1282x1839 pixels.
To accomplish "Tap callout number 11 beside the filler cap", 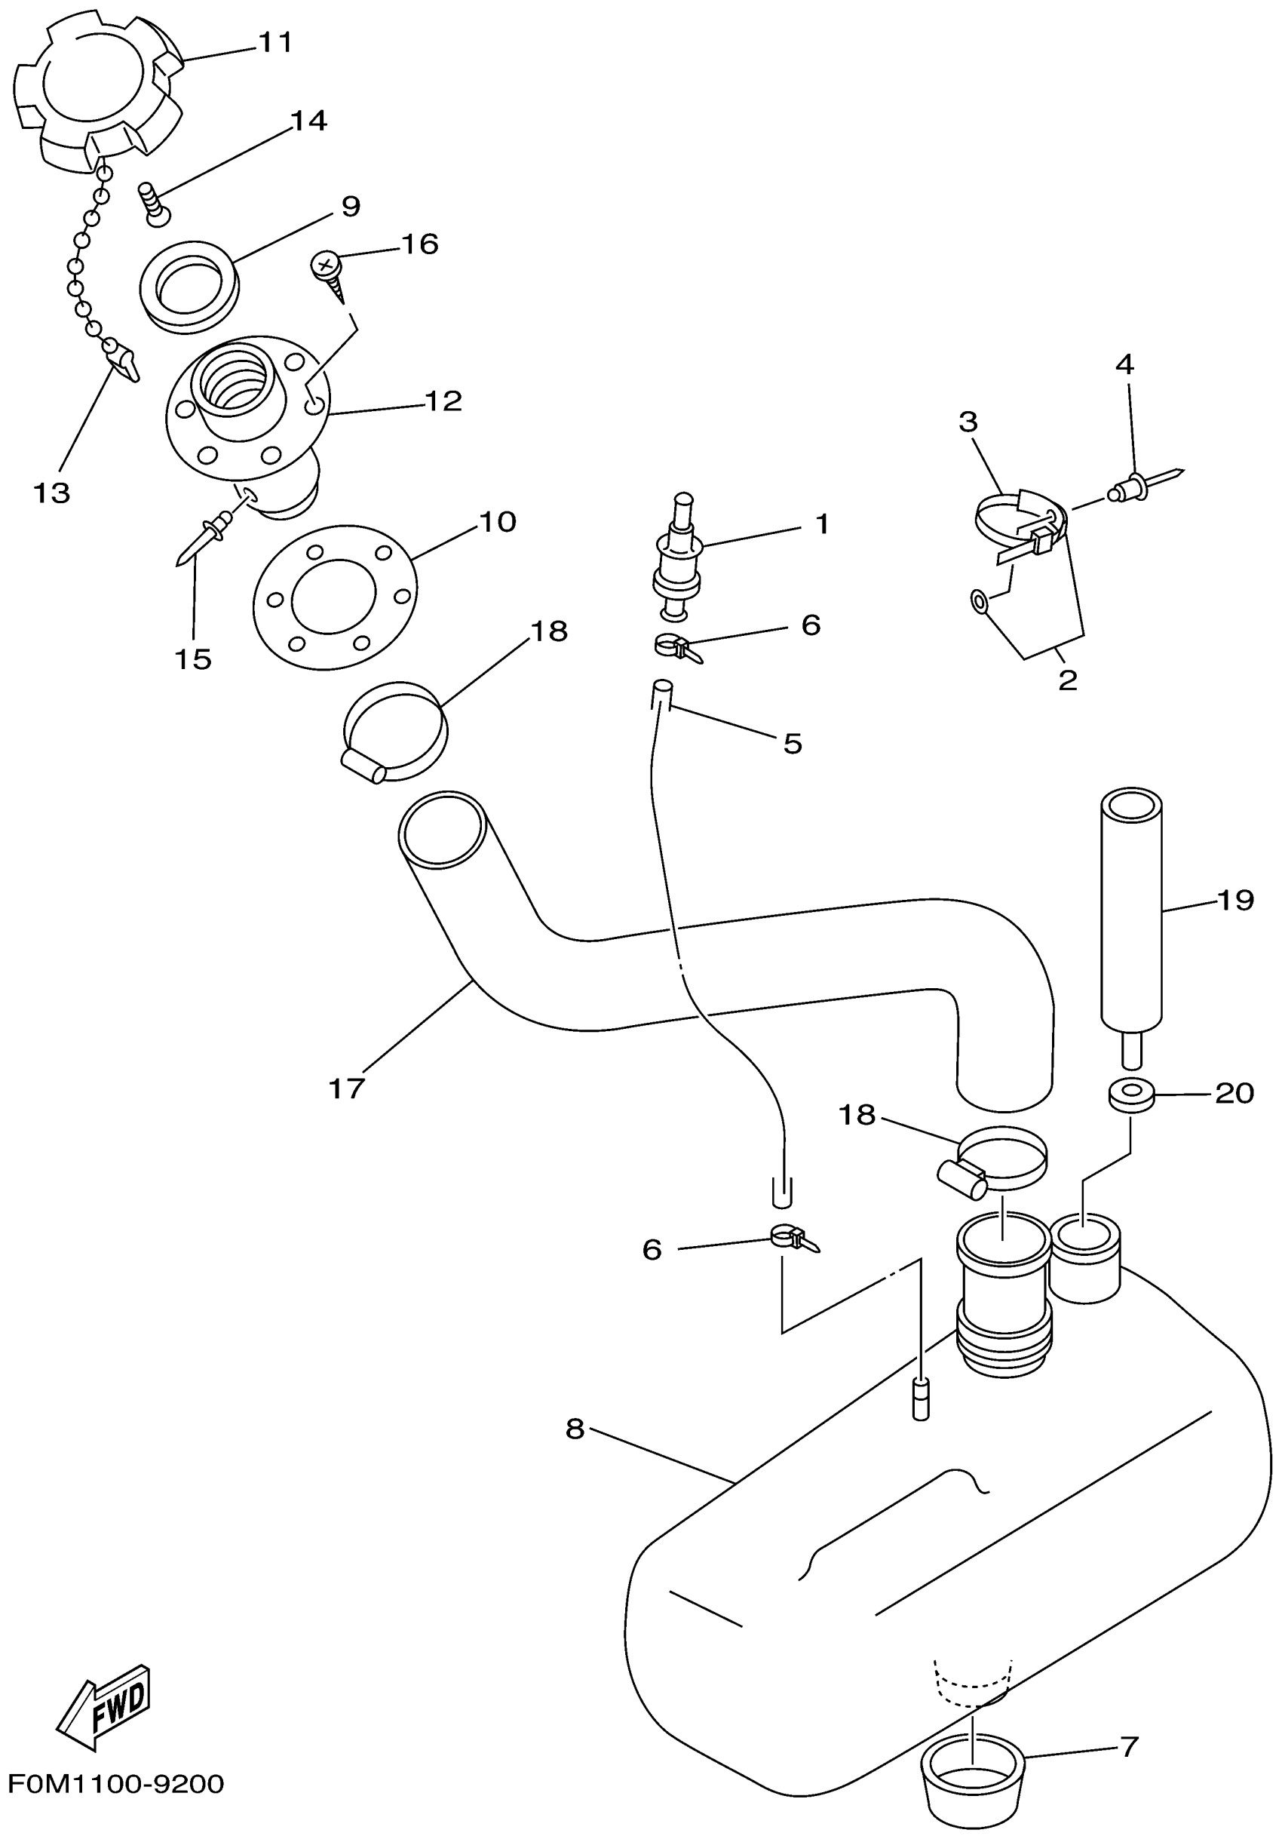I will click(274, 41).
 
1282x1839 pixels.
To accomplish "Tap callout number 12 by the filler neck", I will click(443, 401).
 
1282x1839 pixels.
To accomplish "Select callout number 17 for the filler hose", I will click(347, 1088).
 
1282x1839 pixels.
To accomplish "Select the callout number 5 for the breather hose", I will click(792, 743).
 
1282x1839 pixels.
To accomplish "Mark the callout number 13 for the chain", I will click(52, 493).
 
